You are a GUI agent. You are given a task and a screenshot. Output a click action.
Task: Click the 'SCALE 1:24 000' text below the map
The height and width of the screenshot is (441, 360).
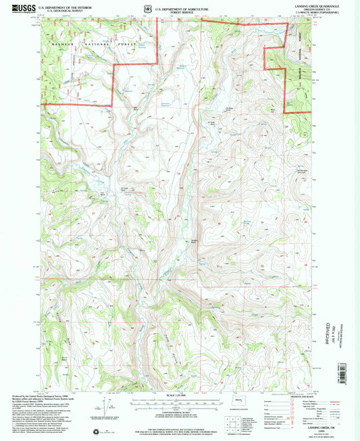coord(179,395)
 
